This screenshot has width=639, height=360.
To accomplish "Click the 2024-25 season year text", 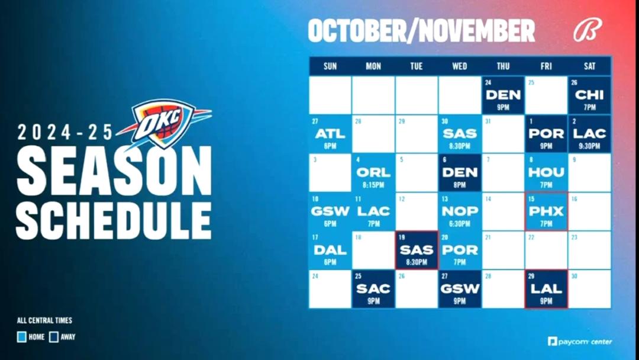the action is coord(65,132).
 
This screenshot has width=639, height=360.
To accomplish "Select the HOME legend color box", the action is coord(22,337).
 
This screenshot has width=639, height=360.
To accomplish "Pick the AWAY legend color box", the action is coord(54,337).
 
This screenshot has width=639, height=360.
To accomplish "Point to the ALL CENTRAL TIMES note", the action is coord(44,320).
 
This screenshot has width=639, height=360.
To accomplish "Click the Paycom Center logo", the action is coord(579,342).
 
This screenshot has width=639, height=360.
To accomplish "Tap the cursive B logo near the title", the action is coord(588,31).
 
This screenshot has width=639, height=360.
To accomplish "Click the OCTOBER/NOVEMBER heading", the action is coord(421,31).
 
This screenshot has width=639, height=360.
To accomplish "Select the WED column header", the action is coord(459,66).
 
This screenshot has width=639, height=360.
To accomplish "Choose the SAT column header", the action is coord(589,66).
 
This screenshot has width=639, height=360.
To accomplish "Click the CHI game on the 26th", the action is coord(589,95).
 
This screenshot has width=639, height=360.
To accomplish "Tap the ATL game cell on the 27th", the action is coord(330,134).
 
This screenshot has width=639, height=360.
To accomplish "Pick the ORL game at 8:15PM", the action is coord(373,173).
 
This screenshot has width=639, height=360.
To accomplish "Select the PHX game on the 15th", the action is coord(546,211).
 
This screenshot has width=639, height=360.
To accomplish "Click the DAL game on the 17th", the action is coord(330,250).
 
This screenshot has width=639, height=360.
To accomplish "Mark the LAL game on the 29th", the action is coord(546,289).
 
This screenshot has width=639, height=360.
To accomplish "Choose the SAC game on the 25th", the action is coord(373,289).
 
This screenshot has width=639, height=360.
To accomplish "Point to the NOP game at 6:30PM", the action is coord(460,211).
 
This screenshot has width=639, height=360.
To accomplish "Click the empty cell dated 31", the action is coord(503,134).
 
